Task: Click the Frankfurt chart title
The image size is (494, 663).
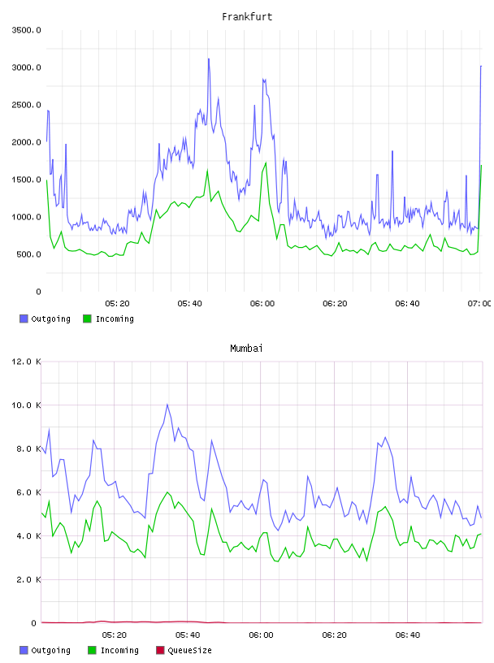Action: click(247, 17)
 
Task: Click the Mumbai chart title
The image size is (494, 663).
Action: click(246, 349)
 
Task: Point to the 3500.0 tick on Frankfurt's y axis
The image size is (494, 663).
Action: click(26, 30)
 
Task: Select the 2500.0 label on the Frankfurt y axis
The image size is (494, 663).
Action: click(26, 105)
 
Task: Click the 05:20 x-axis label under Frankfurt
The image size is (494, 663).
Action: click(117, 304)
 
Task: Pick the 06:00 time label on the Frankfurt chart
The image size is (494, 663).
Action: click(262, 304)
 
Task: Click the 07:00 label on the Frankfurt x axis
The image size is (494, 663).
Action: click(479, 304)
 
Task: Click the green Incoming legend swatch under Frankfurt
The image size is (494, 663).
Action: click(87, 318)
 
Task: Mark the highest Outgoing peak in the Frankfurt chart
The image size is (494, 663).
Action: click(209, 58)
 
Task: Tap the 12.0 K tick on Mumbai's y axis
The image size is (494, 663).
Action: click(26, 362)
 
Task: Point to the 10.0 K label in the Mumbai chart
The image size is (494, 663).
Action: click(26, 405)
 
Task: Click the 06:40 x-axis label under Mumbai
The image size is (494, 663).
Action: click(408, 635)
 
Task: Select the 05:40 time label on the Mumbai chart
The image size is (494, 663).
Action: click(188, 635)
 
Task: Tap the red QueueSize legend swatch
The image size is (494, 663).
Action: click(160, 650)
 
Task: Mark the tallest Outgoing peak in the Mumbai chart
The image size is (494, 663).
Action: click(167, 405)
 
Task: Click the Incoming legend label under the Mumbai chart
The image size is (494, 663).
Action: click(119, 650)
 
